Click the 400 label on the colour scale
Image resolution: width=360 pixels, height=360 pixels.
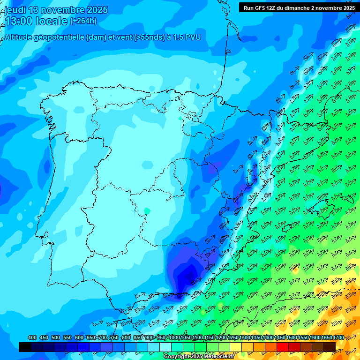point(32,337)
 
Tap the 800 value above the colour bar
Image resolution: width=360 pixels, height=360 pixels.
point(126,337)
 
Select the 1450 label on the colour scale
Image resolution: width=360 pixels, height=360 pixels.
point(280,337)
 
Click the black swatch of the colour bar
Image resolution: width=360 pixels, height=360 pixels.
point(25,347)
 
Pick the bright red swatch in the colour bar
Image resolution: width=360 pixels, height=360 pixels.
point(283,347)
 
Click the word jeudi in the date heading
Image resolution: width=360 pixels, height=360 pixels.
point(15,10)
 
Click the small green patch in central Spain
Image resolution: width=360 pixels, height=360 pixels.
point(147,210)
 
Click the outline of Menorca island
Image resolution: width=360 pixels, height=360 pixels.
point(349,198)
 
